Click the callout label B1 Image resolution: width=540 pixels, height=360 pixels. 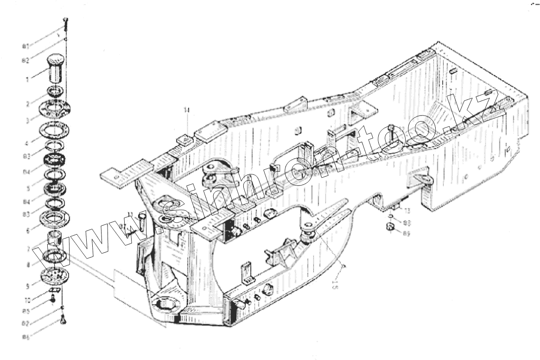[26, 46]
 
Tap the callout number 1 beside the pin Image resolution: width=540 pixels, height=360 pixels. [27, 80]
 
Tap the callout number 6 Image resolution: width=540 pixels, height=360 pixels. [27, 229]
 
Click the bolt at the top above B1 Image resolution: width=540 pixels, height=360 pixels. [65, 22]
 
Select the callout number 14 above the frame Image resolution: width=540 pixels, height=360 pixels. [186, 110]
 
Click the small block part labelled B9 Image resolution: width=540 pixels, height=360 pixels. [390, 227]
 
